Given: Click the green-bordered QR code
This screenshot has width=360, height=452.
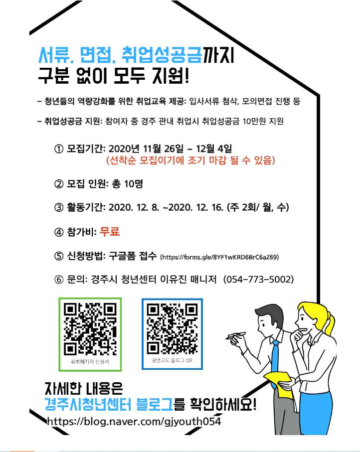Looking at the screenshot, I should point(90,329).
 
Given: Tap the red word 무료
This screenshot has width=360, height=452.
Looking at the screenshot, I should point(110,232).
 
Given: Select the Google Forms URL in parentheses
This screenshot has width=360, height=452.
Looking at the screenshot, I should point(219,258).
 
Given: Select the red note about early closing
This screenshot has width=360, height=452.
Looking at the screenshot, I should point(190,161).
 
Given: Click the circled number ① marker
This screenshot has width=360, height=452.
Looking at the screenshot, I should point(59,149).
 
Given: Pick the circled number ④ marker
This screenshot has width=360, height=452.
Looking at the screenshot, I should point(59,232).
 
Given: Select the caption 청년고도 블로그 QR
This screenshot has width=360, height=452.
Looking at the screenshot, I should point(172,359).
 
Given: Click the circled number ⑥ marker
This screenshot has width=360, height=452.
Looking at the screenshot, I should point(59,279).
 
